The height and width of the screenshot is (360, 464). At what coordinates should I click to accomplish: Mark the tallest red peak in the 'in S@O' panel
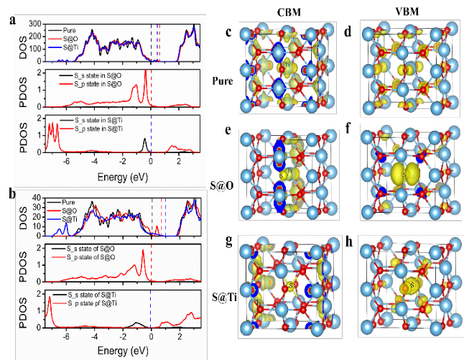[x=146, y=72]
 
